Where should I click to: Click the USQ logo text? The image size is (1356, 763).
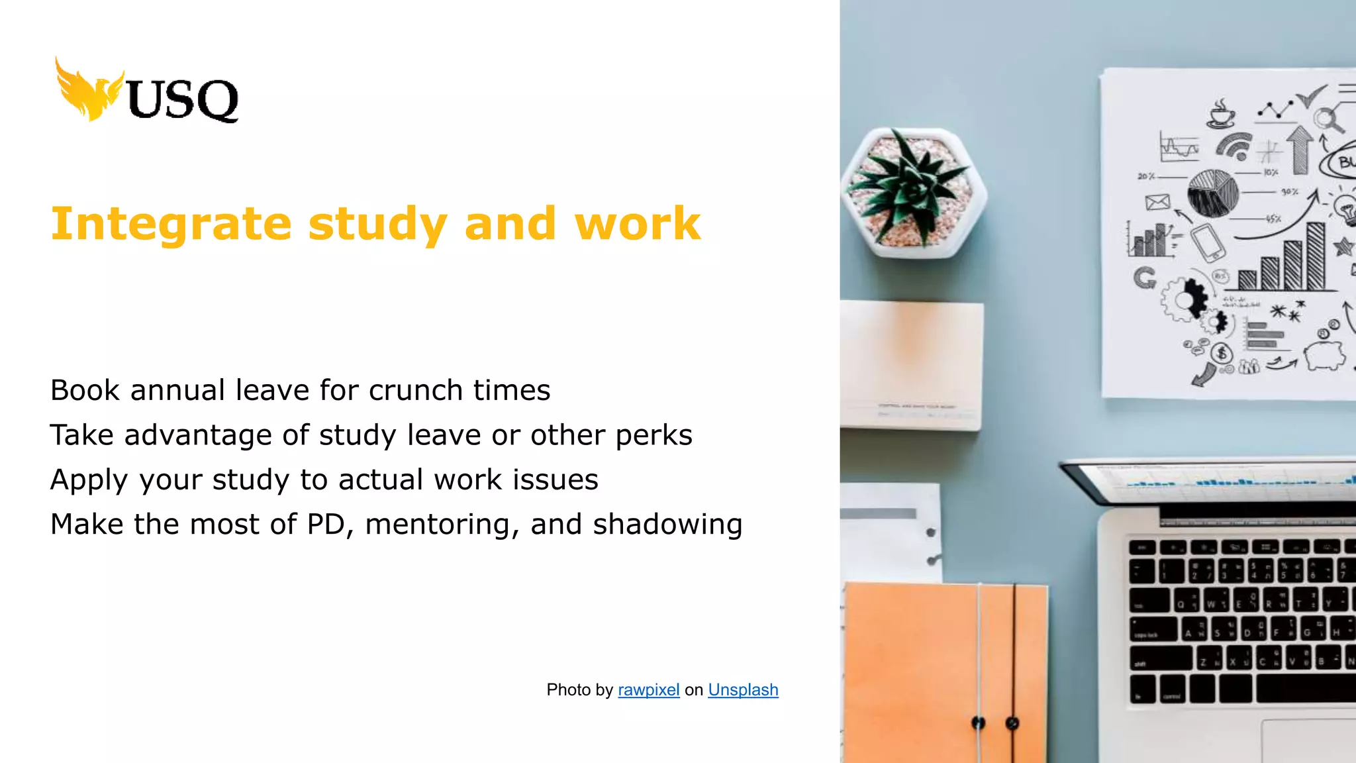coord(182,99)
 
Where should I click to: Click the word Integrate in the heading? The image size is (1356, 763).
coord(171,224)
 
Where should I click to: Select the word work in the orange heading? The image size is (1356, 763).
coord(637,224)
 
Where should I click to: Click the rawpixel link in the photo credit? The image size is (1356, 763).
coord(648,690)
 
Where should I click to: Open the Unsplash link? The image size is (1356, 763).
coord(743,690)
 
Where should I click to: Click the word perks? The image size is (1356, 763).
coord(654,436)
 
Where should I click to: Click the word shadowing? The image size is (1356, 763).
coord(667,525)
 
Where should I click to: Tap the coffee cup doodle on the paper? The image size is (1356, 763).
coord(1221,115)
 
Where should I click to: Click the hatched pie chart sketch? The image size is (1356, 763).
coord(1212,193)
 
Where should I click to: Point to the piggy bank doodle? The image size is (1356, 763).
coord(1324,354)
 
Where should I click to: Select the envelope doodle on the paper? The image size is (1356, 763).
coord(1157,202)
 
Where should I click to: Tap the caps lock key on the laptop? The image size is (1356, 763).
coord(1153,630)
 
